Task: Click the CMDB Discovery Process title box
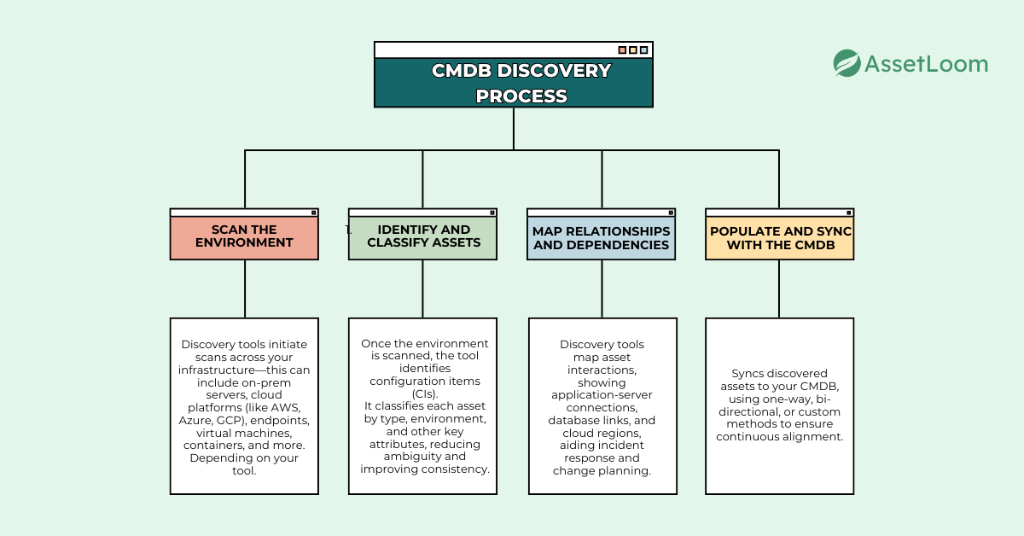click(513, 82)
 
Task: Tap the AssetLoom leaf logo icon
click(847, 63)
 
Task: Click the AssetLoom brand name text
click(926, 64)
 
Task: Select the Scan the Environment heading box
click(244, 236)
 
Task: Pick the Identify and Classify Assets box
click(423, 236)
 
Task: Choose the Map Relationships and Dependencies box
click(602, 238)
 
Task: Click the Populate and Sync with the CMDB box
click(780, 238)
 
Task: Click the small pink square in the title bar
click(622, 50)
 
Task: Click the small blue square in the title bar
click(643, 50)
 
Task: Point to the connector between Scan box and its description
click(245, 288)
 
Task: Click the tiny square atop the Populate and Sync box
click(848, 212)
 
